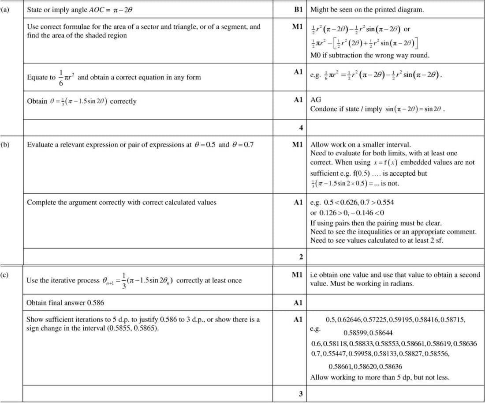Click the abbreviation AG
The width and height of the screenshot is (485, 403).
point(316,100)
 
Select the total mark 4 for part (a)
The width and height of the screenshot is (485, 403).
point(301,128)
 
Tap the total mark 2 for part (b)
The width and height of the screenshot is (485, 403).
point(301,257)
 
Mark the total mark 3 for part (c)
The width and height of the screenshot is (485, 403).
point(301,394)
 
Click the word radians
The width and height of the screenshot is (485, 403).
point(401,283)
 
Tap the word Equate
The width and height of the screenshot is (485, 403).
point(37,77)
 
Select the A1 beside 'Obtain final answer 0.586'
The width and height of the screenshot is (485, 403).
point(298,302)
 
